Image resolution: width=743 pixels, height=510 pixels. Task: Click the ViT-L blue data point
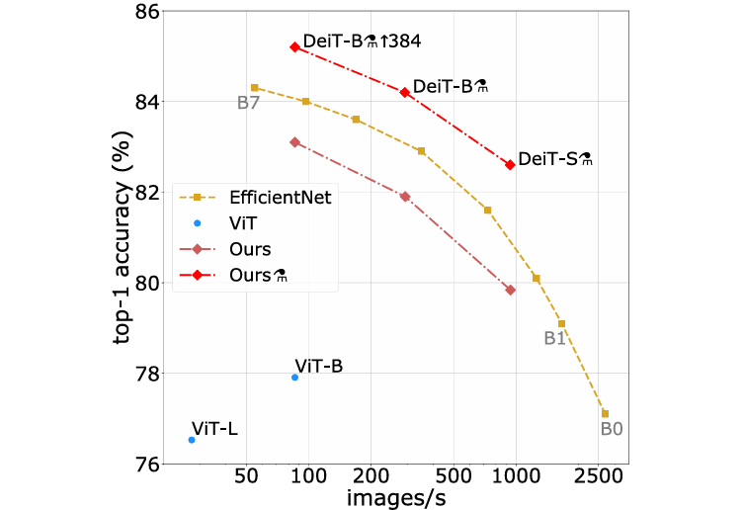[192, 440]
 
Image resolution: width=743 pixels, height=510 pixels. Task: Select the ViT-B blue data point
[294, 378]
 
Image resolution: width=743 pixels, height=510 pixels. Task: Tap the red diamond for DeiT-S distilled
[510, 165]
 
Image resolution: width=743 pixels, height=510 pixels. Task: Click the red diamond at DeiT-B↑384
[294, 46]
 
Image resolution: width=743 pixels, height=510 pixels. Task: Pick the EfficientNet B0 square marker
[605, 413]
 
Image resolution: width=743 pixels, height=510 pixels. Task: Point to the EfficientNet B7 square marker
[254, 88]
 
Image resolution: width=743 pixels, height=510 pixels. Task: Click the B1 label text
[554, 338]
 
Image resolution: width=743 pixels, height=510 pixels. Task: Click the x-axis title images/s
[395, 497]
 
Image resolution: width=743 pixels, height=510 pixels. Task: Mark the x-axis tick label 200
[371, 477]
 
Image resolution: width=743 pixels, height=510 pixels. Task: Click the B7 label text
[248, 102]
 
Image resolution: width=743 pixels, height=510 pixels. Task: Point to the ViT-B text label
[318, 366]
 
